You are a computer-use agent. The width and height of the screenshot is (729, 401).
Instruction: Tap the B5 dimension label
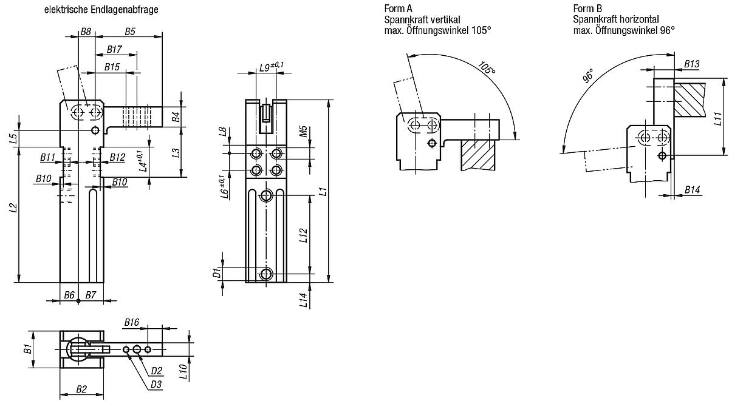pos(129,31)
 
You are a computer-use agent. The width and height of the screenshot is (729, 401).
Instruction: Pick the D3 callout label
pos(156,384)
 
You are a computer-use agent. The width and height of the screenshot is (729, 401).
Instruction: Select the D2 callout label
pos(156,371)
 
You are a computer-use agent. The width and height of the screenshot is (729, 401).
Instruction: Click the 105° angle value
pos(487,69)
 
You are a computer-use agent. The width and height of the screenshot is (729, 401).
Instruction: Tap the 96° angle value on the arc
pos(588,76)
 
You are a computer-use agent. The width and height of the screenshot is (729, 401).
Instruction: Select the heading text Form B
pos(587,8)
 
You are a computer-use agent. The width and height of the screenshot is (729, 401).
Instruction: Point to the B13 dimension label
pos(692,64)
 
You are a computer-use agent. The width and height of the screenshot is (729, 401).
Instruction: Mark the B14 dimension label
pos(692,190)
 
